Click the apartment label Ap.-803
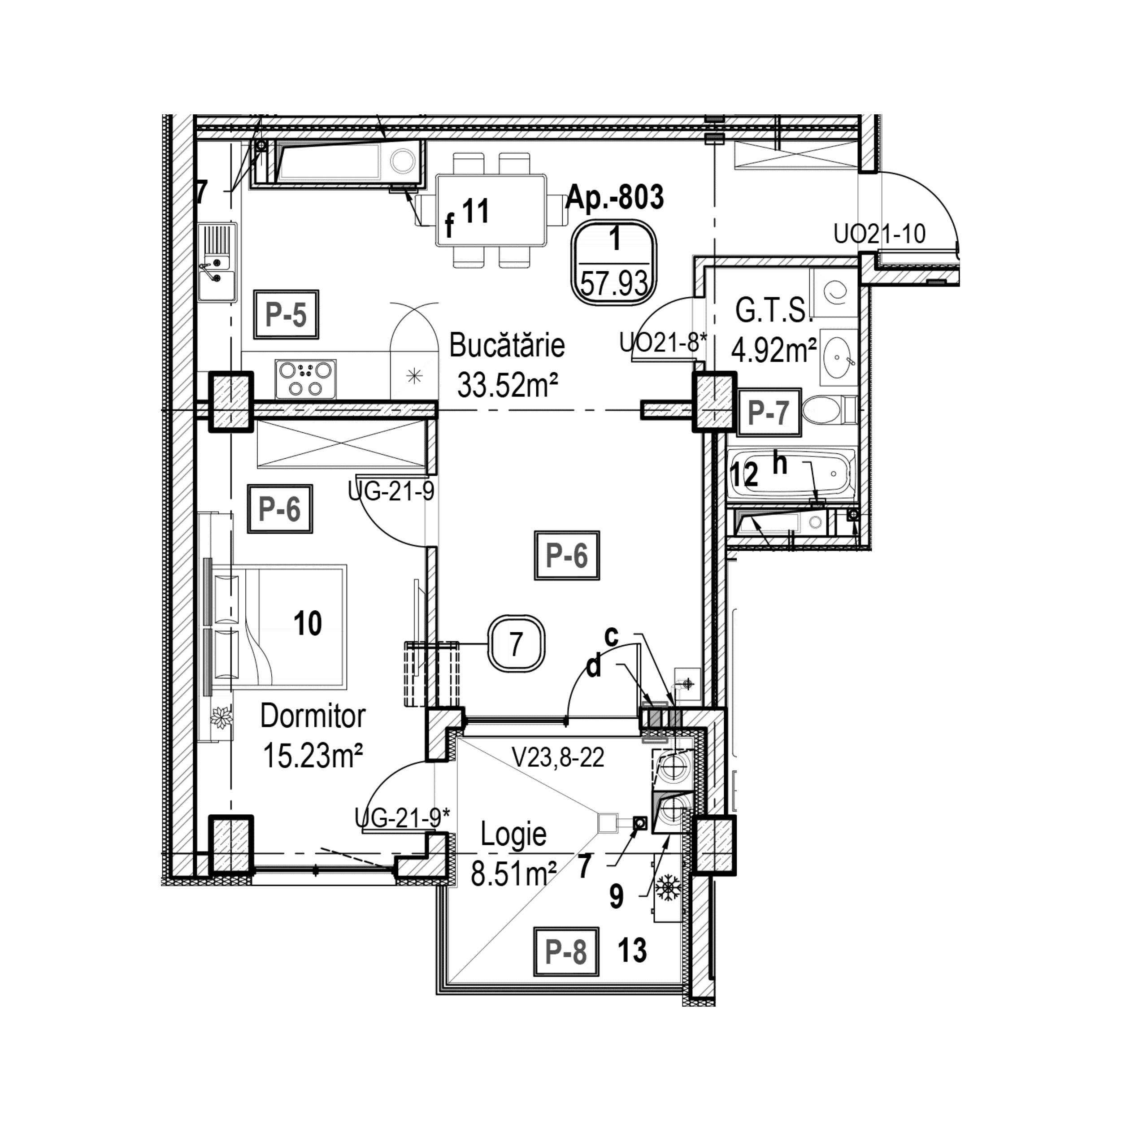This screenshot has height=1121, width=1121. [x=615, y=197]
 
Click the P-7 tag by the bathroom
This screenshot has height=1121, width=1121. [x=769, y=413]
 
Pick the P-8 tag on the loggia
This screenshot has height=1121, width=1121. [x=566, y=952]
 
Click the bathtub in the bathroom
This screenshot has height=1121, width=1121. [x=792, y=473]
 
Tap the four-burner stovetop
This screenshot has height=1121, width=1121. [x=306, y=379]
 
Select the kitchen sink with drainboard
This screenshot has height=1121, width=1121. [x=217, y=262]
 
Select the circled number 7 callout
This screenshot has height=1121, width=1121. [x=516, y=644]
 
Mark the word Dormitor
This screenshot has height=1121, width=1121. [x=313, y=717]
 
